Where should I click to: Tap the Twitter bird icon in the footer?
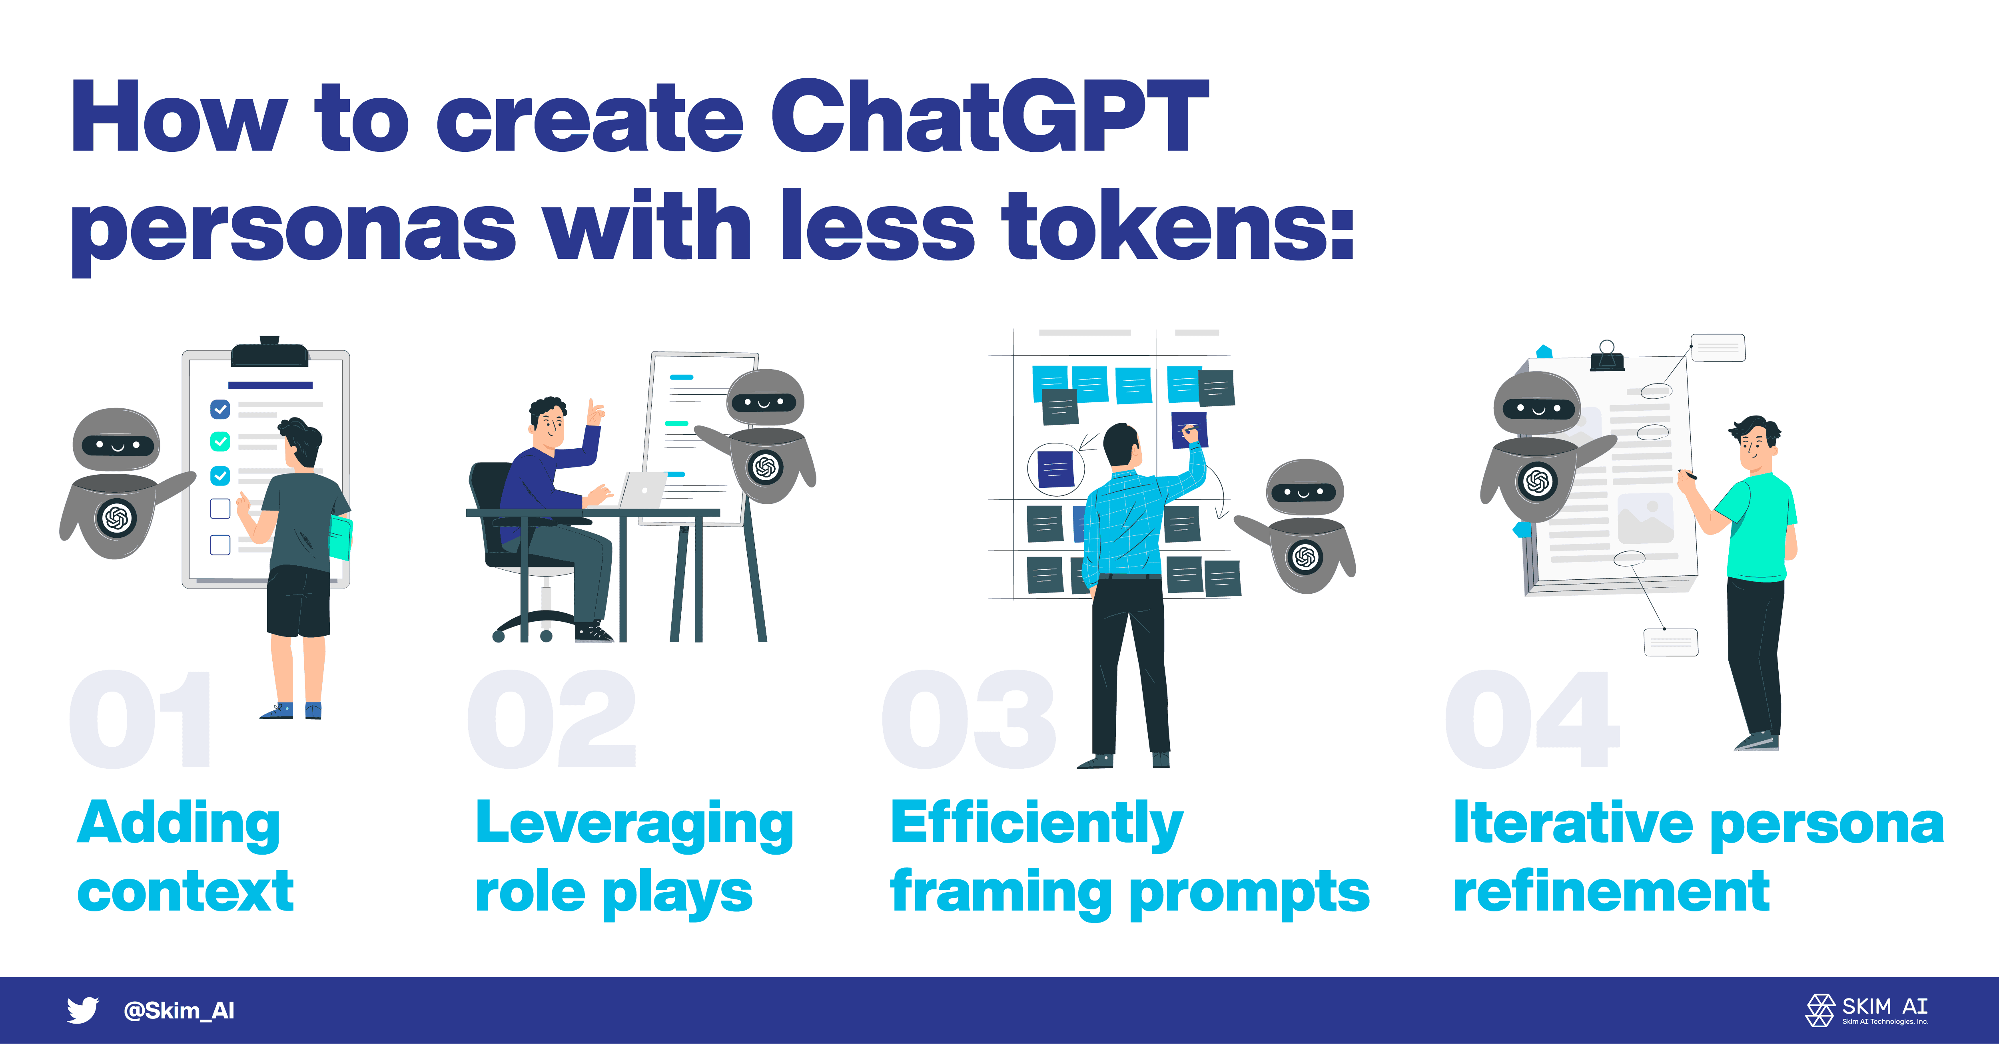(82, 1010)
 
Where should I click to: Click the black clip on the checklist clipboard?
(269, 353)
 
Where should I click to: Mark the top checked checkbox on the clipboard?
(220, 409)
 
